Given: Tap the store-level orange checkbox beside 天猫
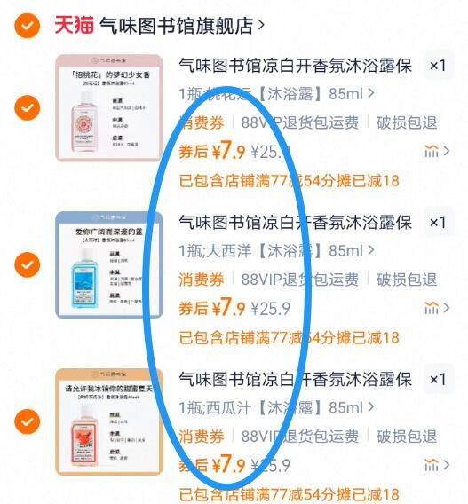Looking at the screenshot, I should [28, 25].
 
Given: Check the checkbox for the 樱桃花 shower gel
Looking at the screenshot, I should [28, 108].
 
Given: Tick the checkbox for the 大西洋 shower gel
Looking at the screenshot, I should [28, 264].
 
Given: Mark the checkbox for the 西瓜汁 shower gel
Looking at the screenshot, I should [28, 421].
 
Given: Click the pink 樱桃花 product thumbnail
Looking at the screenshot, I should [108, 108].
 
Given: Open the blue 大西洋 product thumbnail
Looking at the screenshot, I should [108, 264].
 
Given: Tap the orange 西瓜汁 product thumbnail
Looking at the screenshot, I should [108, 421].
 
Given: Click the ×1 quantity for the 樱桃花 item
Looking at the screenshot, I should [437, 66].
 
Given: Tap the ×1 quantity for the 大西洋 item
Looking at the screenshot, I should [437, 222].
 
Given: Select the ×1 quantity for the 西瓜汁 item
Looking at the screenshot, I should [437, 380].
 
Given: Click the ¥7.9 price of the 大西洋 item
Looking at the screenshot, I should [227, 308].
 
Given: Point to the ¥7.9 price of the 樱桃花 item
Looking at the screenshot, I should [227, 151].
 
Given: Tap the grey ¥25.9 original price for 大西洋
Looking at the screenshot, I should [271, 309].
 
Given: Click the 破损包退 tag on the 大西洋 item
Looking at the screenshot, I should [406, 280].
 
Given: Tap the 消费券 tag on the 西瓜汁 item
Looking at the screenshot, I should [203, 437].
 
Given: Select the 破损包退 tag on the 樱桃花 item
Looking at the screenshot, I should [406, 123].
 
